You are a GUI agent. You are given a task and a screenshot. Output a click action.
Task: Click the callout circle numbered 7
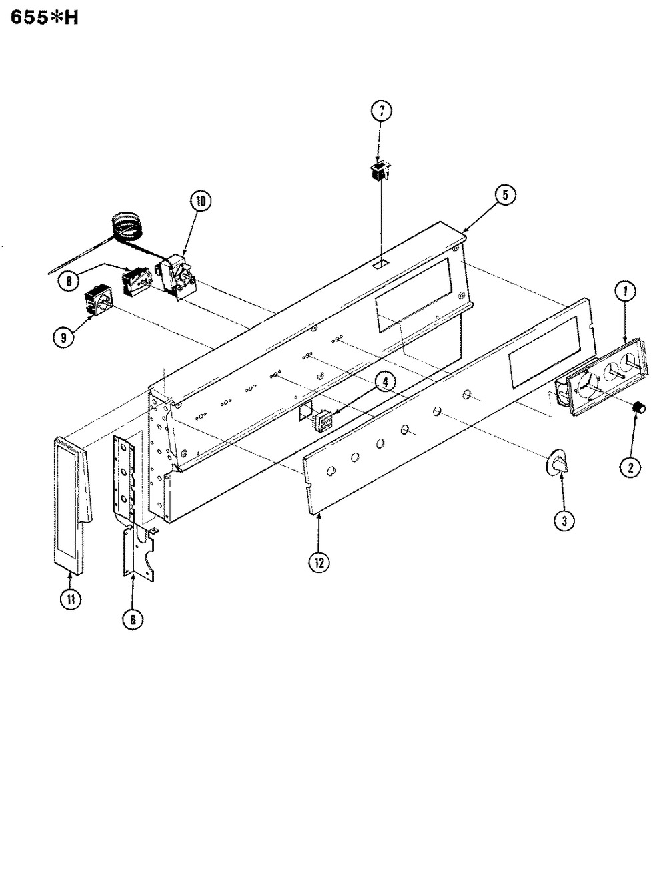click(x=379, y=112)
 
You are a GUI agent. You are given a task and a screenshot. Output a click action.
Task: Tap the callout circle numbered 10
click(x=199, y=200)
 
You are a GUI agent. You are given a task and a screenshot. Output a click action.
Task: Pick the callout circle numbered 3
click(x=563, y=521)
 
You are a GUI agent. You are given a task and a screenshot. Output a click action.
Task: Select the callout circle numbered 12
click(x=319, y=562)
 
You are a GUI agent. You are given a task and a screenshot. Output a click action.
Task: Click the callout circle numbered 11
click(x=69, y=599)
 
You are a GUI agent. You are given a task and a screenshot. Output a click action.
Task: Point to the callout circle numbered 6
click(x=133, y=618)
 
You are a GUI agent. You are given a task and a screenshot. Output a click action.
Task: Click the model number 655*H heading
click(x=44, y=18)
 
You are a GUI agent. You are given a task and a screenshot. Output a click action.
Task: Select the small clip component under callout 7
click(x=379, y=174)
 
